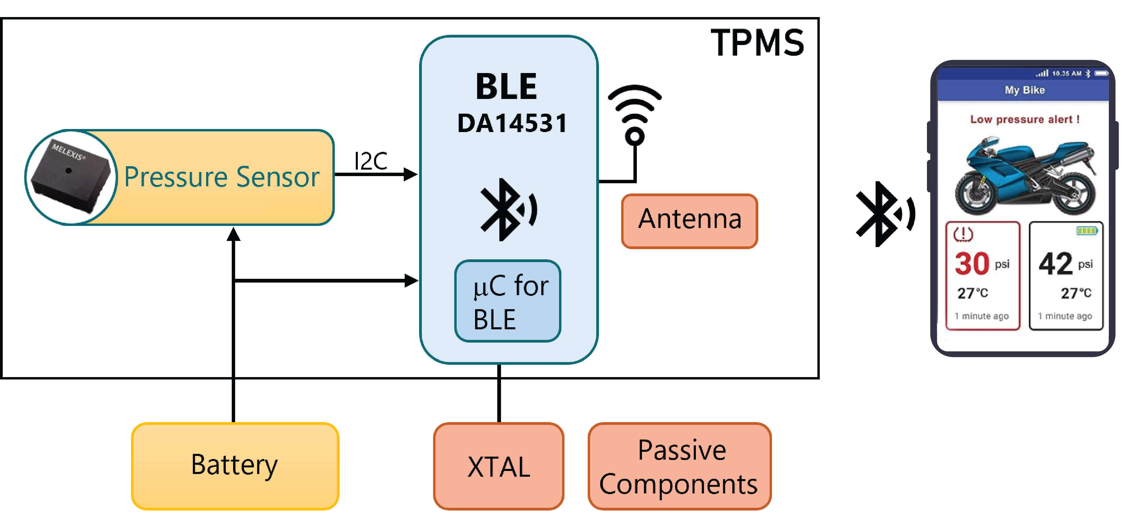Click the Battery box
point(235,465)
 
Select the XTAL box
point(498,465)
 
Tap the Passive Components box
point(679,465)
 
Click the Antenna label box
point(689,221)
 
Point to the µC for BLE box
point(507,301)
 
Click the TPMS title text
point(758,43)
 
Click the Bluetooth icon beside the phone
point(885,214)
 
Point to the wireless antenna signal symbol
point(634,115)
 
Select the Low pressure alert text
point(1025,119)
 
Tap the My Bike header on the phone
point(1025,90)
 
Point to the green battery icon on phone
point(1087,231)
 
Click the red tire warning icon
point(963,234)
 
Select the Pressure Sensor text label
point(221,177)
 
